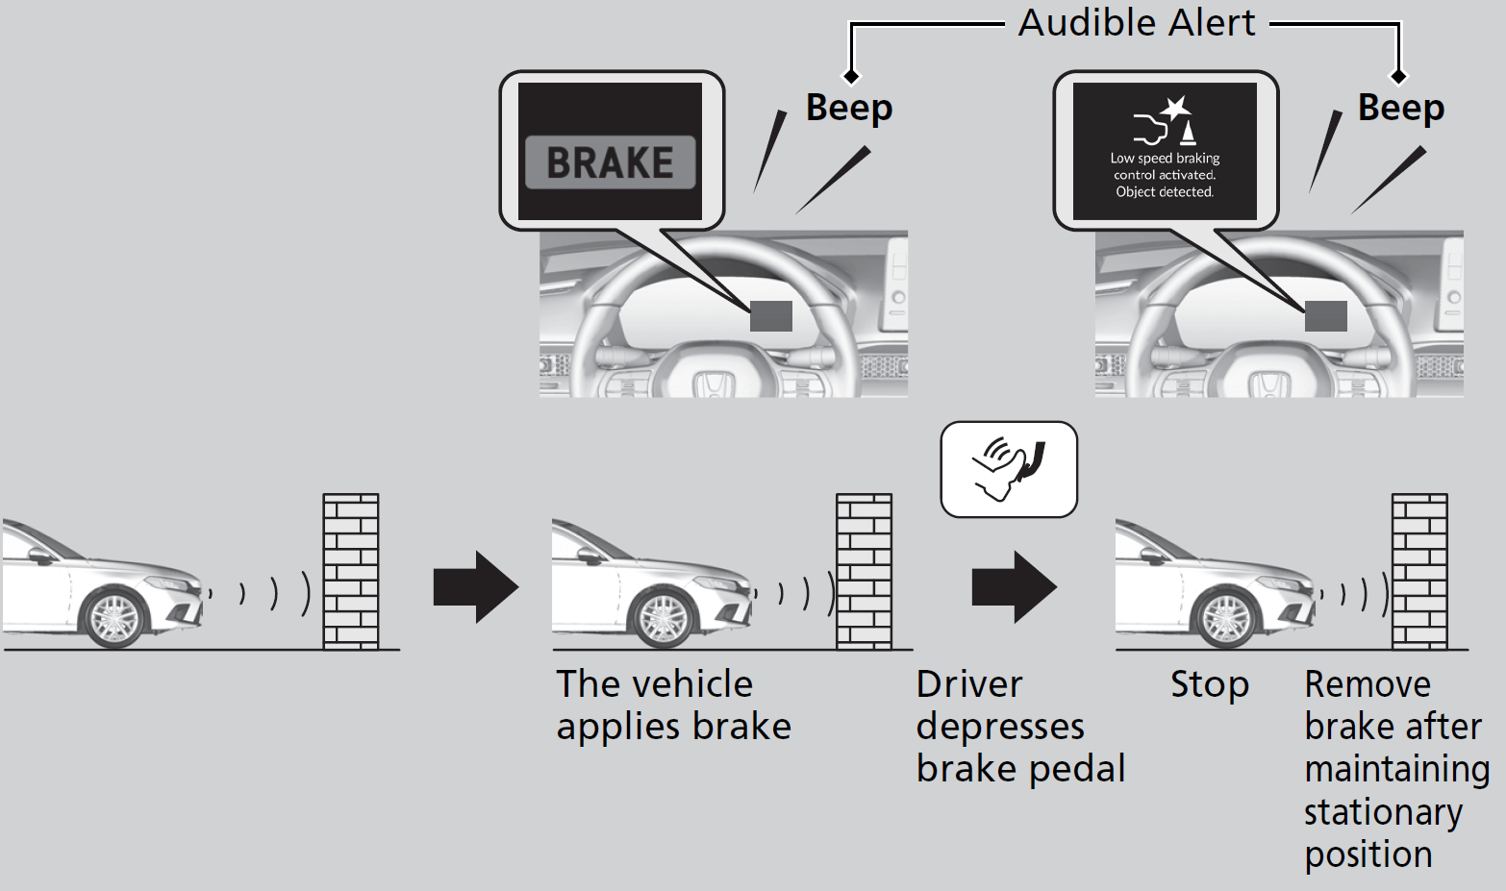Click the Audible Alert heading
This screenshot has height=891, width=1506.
(x=1137, y=22)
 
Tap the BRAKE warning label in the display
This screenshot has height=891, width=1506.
(x=610, y=161)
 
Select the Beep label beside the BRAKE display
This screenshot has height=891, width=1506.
(x=849, y=107)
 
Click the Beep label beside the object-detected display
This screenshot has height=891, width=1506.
(x=1401, y=107)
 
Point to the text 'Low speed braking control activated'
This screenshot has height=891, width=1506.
(x=1165, y=166)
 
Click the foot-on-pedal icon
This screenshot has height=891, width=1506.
(x=1009, y=469)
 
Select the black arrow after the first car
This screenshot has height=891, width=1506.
(x=476, y=586)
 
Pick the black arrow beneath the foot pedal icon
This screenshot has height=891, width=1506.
(x=1014, y=586)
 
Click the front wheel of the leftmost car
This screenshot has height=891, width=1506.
(x=114, y=616)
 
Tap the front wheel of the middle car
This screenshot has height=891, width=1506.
(x=663, y=616)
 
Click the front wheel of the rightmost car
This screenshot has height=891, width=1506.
(x=1225, y=616)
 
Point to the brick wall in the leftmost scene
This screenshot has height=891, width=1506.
(x=351, y=571)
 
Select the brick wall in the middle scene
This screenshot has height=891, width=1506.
(x=864, y=571)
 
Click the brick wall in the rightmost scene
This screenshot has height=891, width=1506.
(x=1419, y=571)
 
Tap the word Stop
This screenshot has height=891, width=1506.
(x=1209, y=684)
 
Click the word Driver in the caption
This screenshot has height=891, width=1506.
(x=968, y=684)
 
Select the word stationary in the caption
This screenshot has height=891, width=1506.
(x=1383, y=812)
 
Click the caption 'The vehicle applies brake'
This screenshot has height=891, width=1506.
(x=673, y=705)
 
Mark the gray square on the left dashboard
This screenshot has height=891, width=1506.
(x=770, y=315)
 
